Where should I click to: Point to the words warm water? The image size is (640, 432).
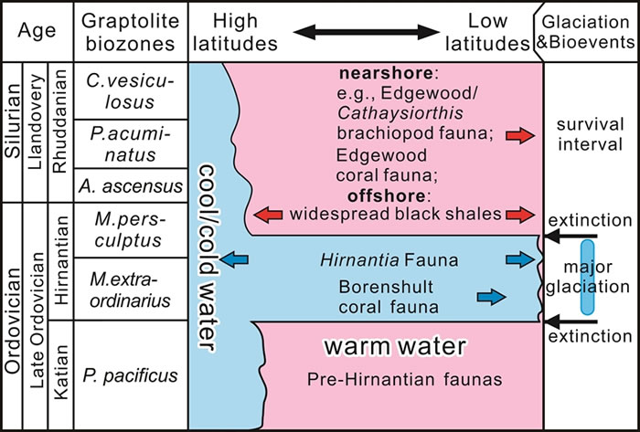pyautogui.click(x=393, y=347)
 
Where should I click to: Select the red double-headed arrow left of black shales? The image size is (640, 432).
pyautogui.click(x=269, y=215)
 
